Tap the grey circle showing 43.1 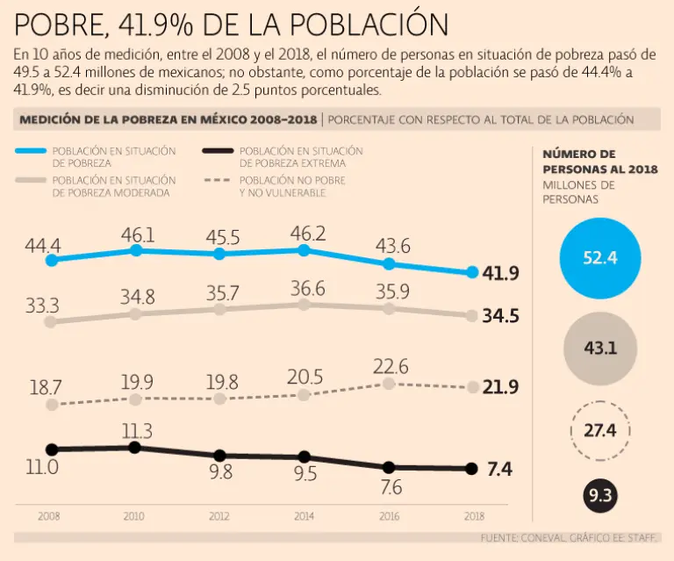600,348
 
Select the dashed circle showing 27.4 600,430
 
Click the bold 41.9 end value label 500,273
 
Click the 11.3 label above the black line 137,431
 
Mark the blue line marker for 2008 52,261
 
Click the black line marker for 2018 472,469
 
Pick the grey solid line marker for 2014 304,305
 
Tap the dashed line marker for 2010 135,399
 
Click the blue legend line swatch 32,152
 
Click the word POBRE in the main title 57,23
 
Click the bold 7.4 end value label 498,470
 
